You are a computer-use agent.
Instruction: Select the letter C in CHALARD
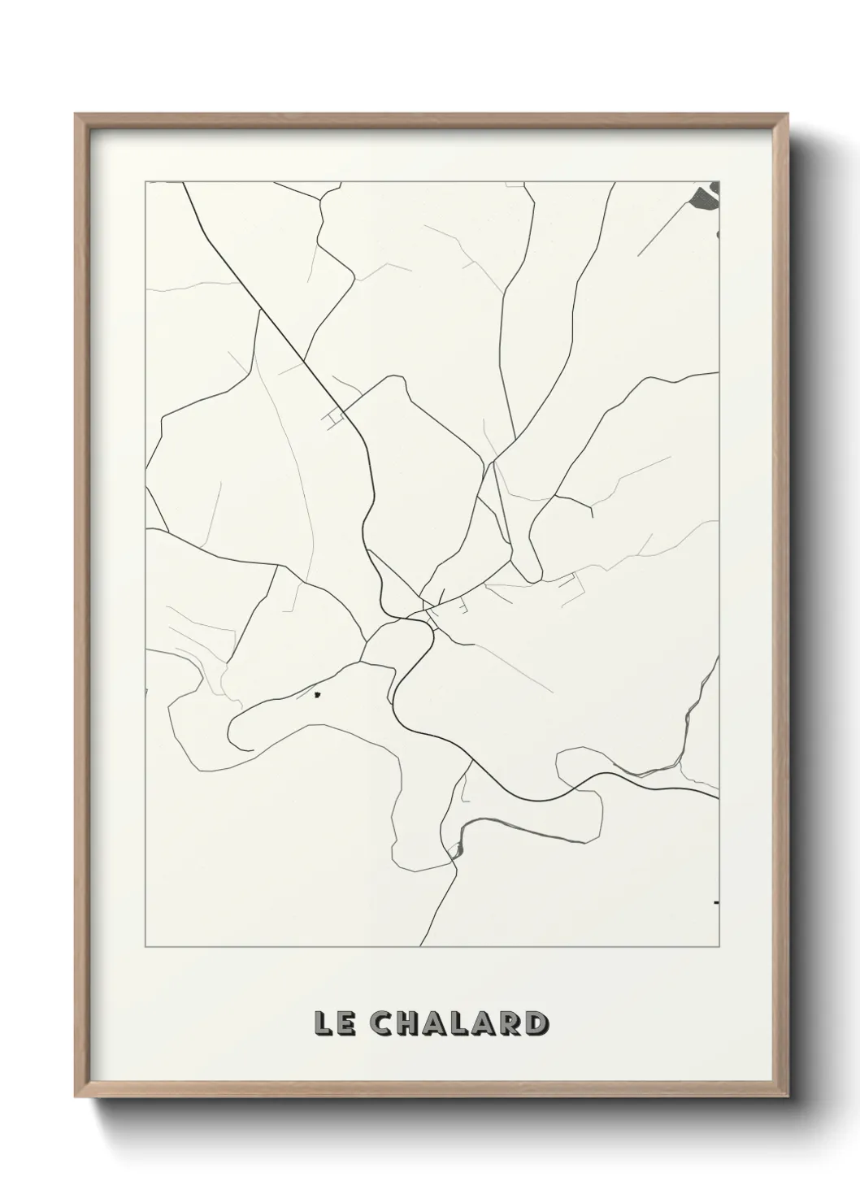384,1023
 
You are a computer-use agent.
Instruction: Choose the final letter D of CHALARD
534,1023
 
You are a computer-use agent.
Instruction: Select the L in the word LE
323,1023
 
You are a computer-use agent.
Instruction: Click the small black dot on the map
318,695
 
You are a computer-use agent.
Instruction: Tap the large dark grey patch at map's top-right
706,195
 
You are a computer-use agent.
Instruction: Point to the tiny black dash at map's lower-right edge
716,902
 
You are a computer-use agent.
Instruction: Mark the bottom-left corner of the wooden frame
76,1100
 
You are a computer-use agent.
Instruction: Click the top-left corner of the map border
146,182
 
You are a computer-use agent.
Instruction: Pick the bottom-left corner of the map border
146,948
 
